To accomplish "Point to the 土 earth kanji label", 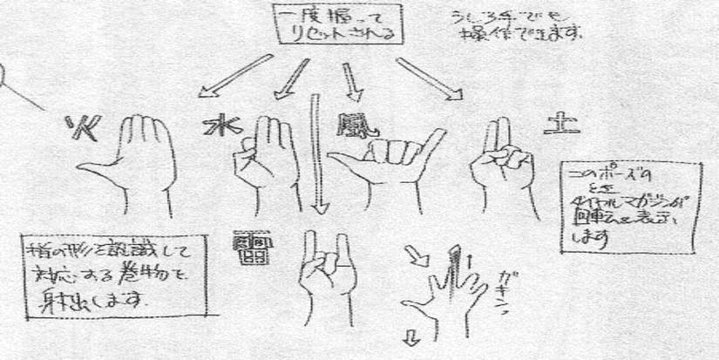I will click(x=554, y=123).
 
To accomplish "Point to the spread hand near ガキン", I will click(x=444, y=292).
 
